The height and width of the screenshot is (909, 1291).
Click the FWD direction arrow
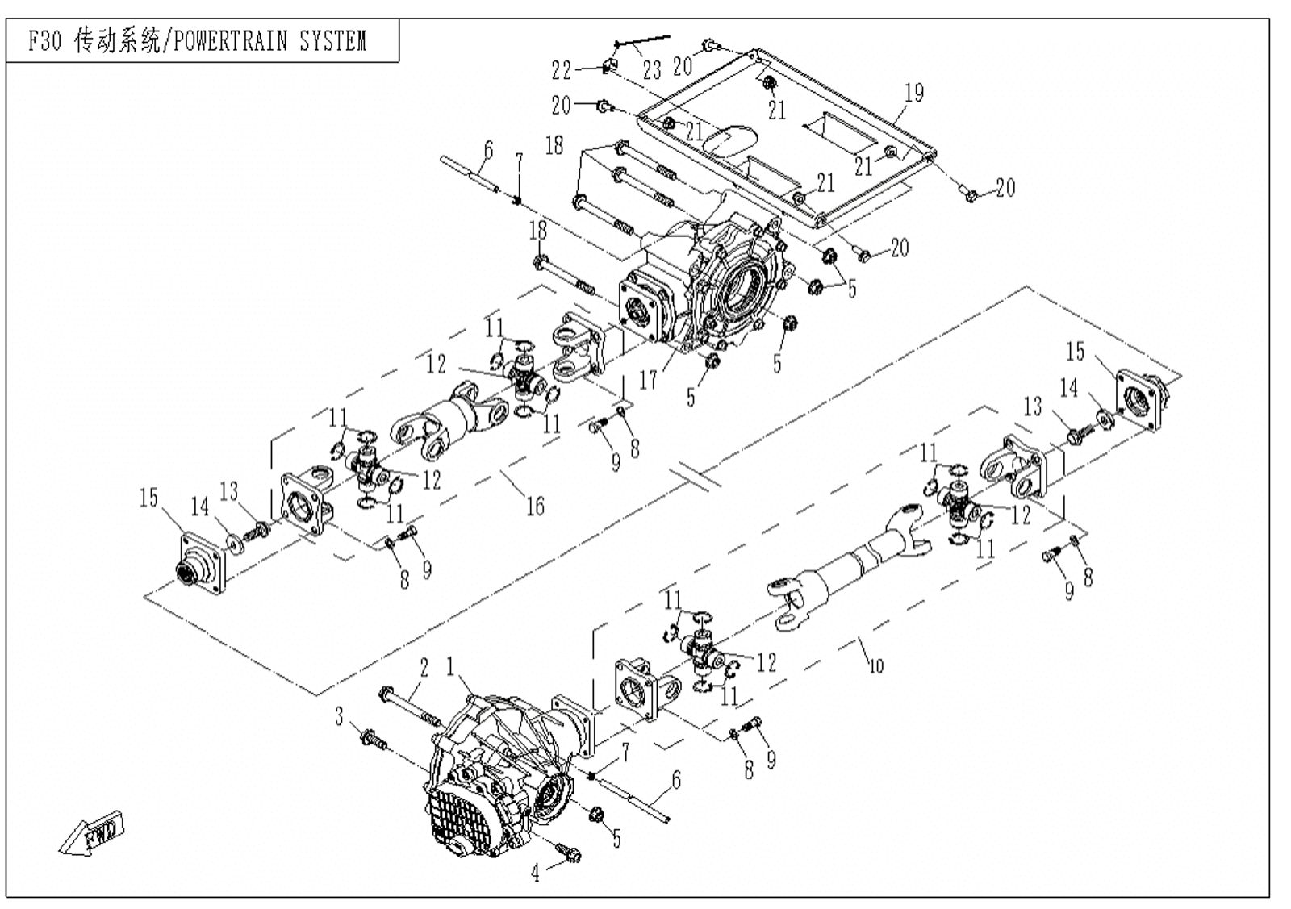(92, 833)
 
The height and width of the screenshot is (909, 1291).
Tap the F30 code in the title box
(45, 41)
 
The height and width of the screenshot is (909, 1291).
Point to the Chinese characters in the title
(118, 41)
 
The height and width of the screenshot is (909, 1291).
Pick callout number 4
(536, 874)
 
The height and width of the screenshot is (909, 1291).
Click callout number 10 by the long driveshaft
(876, 666)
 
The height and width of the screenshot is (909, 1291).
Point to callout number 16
(536, 506)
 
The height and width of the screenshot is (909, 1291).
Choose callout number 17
(649, 380)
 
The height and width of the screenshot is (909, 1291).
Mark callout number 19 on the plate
(914, 93)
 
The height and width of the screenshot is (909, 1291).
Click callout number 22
(562, 70)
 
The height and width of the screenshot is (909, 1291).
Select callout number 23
(652, 70)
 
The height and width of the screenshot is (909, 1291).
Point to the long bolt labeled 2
(410, 707)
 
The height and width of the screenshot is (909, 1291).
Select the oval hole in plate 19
(729, 140)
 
